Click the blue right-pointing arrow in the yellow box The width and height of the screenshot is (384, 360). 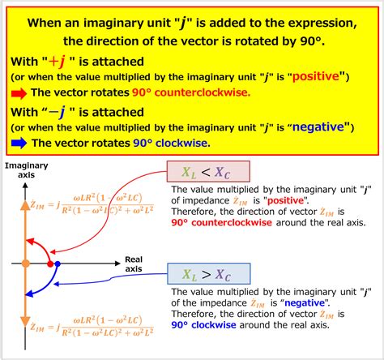tap(17, 144)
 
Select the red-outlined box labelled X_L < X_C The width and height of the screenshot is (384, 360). tap(208, 172)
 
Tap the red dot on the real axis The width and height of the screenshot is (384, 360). tap(50, 264)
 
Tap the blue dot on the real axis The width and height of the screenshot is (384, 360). tap(59, 264)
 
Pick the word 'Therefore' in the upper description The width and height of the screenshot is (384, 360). tap(194, 212)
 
